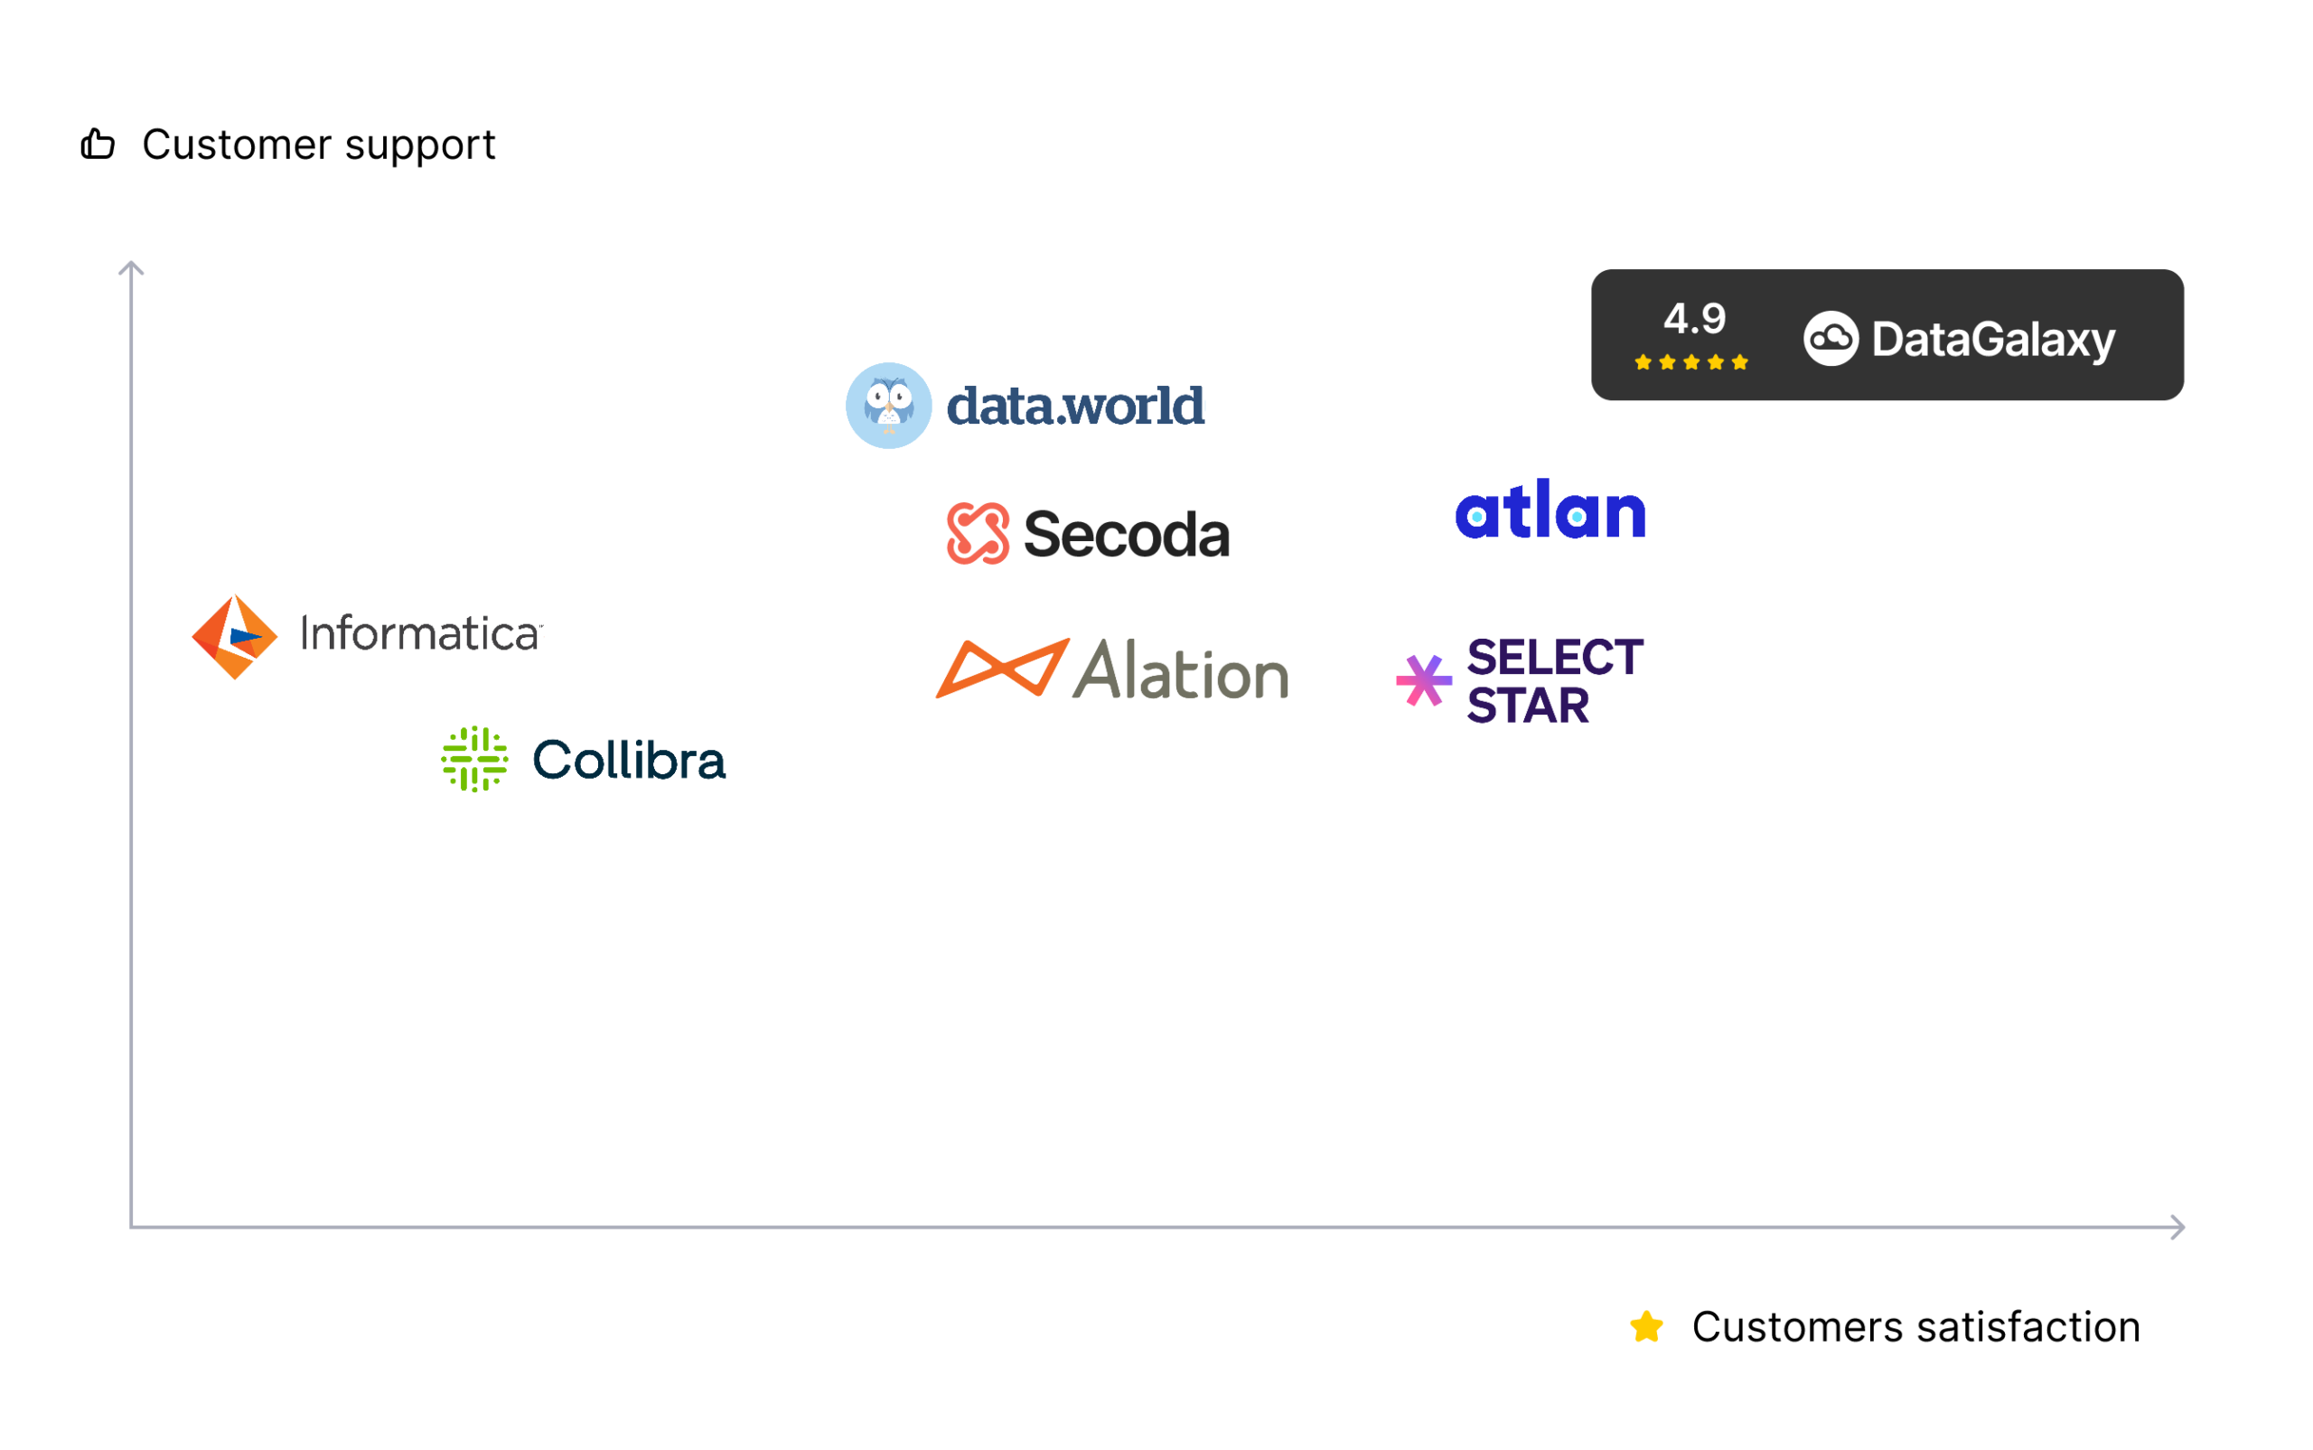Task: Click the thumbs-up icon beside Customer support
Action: (x=98, y=144)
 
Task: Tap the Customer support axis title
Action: (x=318, y=145)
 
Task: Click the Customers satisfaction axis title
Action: (x=1915, y=1327)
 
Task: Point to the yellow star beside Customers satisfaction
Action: (x=1646, y=1327)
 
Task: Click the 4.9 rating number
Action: (x=1693, y=319)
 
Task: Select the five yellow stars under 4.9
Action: (x=1691, y=362)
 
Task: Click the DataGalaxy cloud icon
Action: (x=1831, y=339)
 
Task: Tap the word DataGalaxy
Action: (x=1994, y=341)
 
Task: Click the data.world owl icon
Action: (x=889, y=406)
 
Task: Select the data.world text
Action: (x=1075, y=406)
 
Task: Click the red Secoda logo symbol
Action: (x=978, y=533)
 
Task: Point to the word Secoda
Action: (x=1127, y=534)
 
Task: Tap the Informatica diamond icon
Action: (x=235, y=637)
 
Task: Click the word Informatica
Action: (x=421, y=633)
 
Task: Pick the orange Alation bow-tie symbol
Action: (x=1002, y=669)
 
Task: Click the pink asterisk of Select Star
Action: (x=1423, y=681)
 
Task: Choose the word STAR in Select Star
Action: (x=1528, y=706)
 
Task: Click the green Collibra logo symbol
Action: (x=474, y=760)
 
